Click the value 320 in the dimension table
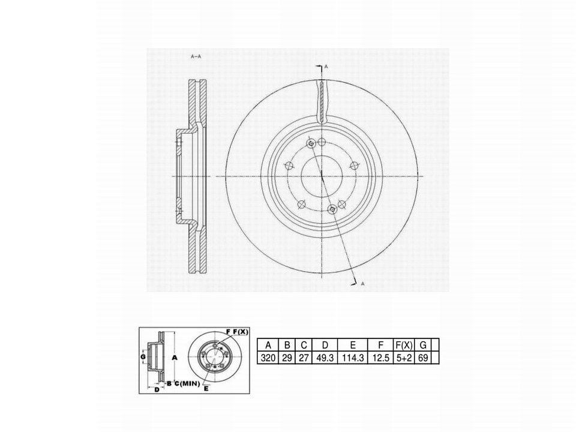tap(268, 358)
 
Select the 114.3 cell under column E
tap(353, 358)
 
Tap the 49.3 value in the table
tap(325, 358)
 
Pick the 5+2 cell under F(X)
tap(404, 358)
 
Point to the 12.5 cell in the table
tap(380, 358)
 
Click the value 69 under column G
tap(423, 358)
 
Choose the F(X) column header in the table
tap(404, 345)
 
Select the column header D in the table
tap(325, 345)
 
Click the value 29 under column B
tap(287, 358)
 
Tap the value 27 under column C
tap(304, 358)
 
